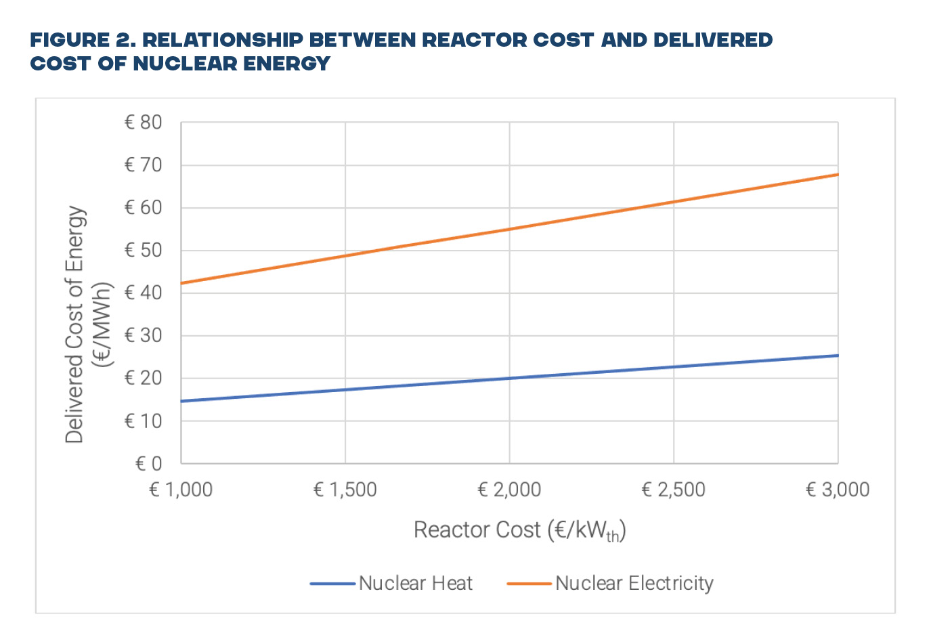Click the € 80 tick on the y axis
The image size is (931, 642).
(x=143, y=123)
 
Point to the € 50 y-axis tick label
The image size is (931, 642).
(x=143, y=251)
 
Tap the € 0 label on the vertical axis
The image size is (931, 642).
(x=149, y=464)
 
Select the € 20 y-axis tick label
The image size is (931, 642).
(x=143, y=379)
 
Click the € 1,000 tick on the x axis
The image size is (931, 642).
(x=181, y=490)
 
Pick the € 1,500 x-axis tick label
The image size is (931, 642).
(x=345, y=490)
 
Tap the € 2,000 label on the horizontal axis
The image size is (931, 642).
(x=509, y=490)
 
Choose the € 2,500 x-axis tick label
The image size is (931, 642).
(x=674, y=490)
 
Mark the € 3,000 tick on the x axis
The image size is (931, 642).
(x=838, y=490)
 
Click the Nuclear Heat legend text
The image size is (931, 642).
(x=415, y=583)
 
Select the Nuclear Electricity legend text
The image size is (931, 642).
(x=634, y=583)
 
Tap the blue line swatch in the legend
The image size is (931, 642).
(x=332, y=584)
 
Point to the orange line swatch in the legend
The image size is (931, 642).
(x=529, y=584)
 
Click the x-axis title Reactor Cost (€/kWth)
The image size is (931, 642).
(x=519, y=530)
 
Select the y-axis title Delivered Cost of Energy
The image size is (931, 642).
(x=75, y=325)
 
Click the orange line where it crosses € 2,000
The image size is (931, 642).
(x=510, y=229)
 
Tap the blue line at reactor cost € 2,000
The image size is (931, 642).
(x=510, y=378)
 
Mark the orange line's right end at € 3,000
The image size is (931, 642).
(x=837, y=175)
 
